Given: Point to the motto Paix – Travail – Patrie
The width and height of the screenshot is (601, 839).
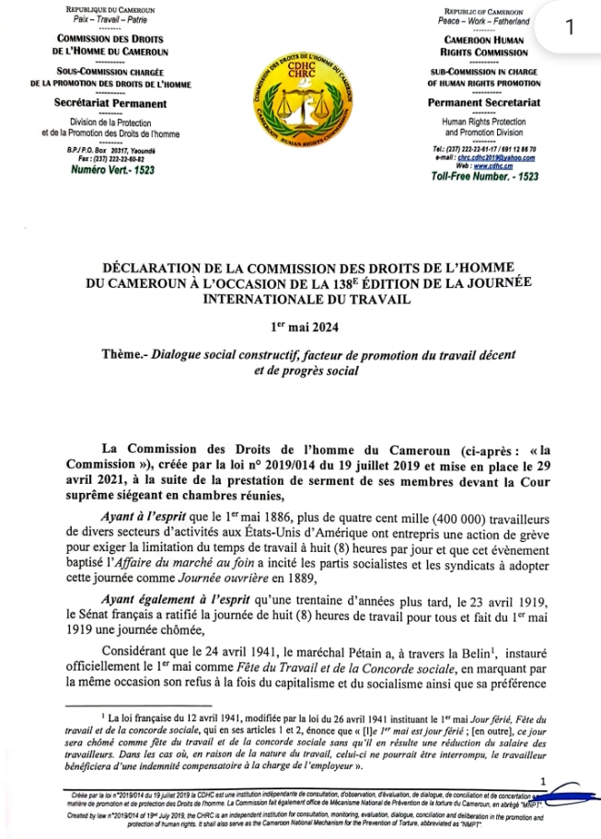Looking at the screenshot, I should click(x=104, y=18).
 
